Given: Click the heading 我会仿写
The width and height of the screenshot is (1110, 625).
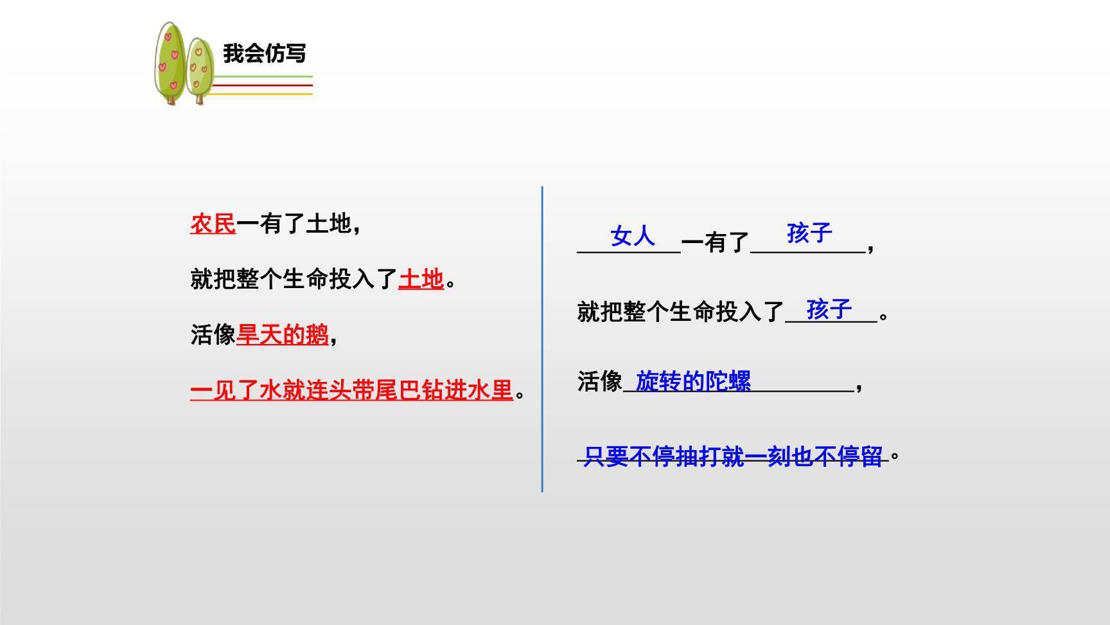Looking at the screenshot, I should pos(264,53).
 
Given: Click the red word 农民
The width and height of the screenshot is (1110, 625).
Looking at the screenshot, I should pos(213,224).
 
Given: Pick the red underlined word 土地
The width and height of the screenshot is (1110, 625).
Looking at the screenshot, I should pos(421,279).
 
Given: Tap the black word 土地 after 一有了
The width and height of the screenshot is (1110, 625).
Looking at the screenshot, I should pos(328,224).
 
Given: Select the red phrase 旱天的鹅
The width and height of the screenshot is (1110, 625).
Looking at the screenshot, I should pos(283,334).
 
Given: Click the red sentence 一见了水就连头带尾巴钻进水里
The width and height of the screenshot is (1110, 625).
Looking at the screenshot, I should pos(351,390).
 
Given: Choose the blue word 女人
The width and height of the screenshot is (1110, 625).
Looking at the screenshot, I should pos(633,236).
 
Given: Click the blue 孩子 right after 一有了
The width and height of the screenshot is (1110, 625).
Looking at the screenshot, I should pos(809,233).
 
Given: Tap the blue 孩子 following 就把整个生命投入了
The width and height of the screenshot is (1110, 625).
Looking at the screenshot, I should pos(829,309).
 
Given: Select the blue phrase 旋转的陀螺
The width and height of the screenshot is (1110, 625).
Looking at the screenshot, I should pos(693,381).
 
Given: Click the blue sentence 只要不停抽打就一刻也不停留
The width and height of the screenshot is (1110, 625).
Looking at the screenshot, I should pos(733,457).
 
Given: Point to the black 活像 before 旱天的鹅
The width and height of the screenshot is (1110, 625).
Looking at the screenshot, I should pos(213,334).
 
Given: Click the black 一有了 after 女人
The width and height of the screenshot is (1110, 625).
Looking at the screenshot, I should pos(715,242).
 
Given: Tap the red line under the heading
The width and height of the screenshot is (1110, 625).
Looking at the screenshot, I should pos(262,85).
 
